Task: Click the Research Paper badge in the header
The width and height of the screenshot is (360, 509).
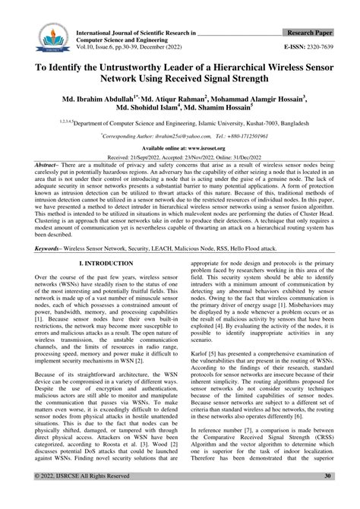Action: tap(314, 34)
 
